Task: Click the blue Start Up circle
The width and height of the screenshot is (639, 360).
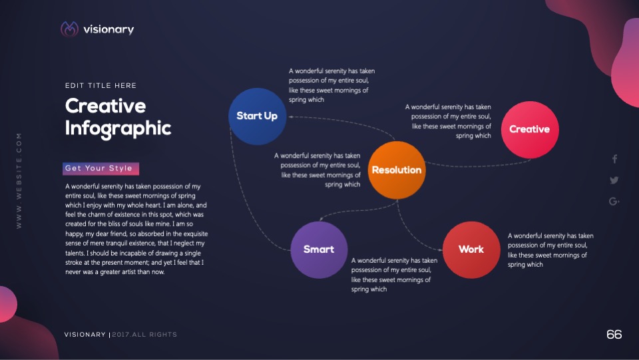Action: point(257,116)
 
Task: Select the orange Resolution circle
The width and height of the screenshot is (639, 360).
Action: point(397,170)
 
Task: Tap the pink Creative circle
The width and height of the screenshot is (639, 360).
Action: point(530,130)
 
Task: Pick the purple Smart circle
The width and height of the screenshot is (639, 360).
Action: point(319,250)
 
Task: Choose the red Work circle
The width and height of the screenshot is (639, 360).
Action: point(471,250)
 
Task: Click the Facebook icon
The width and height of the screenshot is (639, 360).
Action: point(614,159)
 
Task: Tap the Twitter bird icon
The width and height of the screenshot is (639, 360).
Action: point(614,180)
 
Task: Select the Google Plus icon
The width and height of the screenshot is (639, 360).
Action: point(614,201)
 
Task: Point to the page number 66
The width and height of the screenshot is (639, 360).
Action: point(614,334)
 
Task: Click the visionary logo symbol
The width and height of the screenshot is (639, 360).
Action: point(69,29)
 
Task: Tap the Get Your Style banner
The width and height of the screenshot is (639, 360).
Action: point(101,168)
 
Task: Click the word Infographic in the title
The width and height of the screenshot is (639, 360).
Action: point(118,128)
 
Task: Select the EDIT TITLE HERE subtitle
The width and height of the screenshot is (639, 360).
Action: point(101,86)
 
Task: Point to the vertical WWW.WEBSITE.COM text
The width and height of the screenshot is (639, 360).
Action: point(19,180)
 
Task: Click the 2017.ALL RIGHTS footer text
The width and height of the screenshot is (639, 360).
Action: point(144,334)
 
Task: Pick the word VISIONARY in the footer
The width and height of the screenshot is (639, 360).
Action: point(85,334)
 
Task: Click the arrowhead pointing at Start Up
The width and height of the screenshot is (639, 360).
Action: point(291,117)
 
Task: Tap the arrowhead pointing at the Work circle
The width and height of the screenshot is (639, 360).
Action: point(440,250)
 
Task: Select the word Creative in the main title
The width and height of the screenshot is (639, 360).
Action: point(106,106)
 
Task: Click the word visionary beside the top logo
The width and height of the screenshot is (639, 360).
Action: point(108,29)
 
